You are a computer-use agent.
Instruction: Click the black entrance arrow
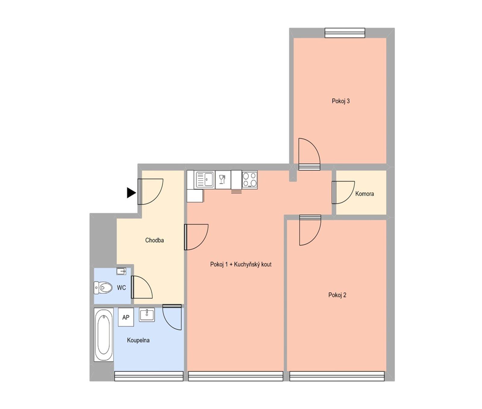click(131, 192)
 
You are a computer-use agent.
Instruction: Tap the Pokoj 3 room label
click(341, 101)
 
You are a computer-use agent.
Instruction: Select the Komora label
click(365, 194)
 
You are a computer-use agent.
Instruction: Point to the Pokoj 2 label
click(337, 295)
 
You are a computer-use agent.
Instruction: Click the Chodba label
click(155, 240)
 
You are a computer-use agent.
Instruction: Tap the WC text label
click(121, 288)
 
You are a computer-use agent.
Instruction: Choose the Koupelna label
click(138, 340)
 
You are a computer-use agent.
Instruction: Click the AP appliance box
click(126, 317)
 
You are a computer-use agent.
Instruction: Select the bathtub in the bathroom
click(103, 334)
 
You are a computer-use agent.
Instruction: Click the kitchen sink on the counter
click(205, 180)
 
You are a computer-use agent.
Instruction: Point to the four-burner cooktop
click(250, 180)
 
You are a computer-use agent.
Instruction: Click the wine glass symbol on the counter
click(223, 179)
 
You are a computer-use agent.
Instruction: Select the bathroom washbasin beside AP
click(147, 315)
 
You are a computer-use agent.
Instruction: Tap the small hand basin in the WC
click(121, 271)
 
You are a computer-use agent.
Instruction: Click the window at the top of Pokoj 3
click(345, 33)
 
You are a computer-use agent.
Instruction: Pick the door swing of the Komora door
click(343, 192)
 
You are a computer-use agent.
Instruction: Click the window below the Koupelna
click(149, 376)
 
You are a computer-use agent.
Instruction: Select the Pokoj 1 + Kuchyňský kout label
click(241, 265)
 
